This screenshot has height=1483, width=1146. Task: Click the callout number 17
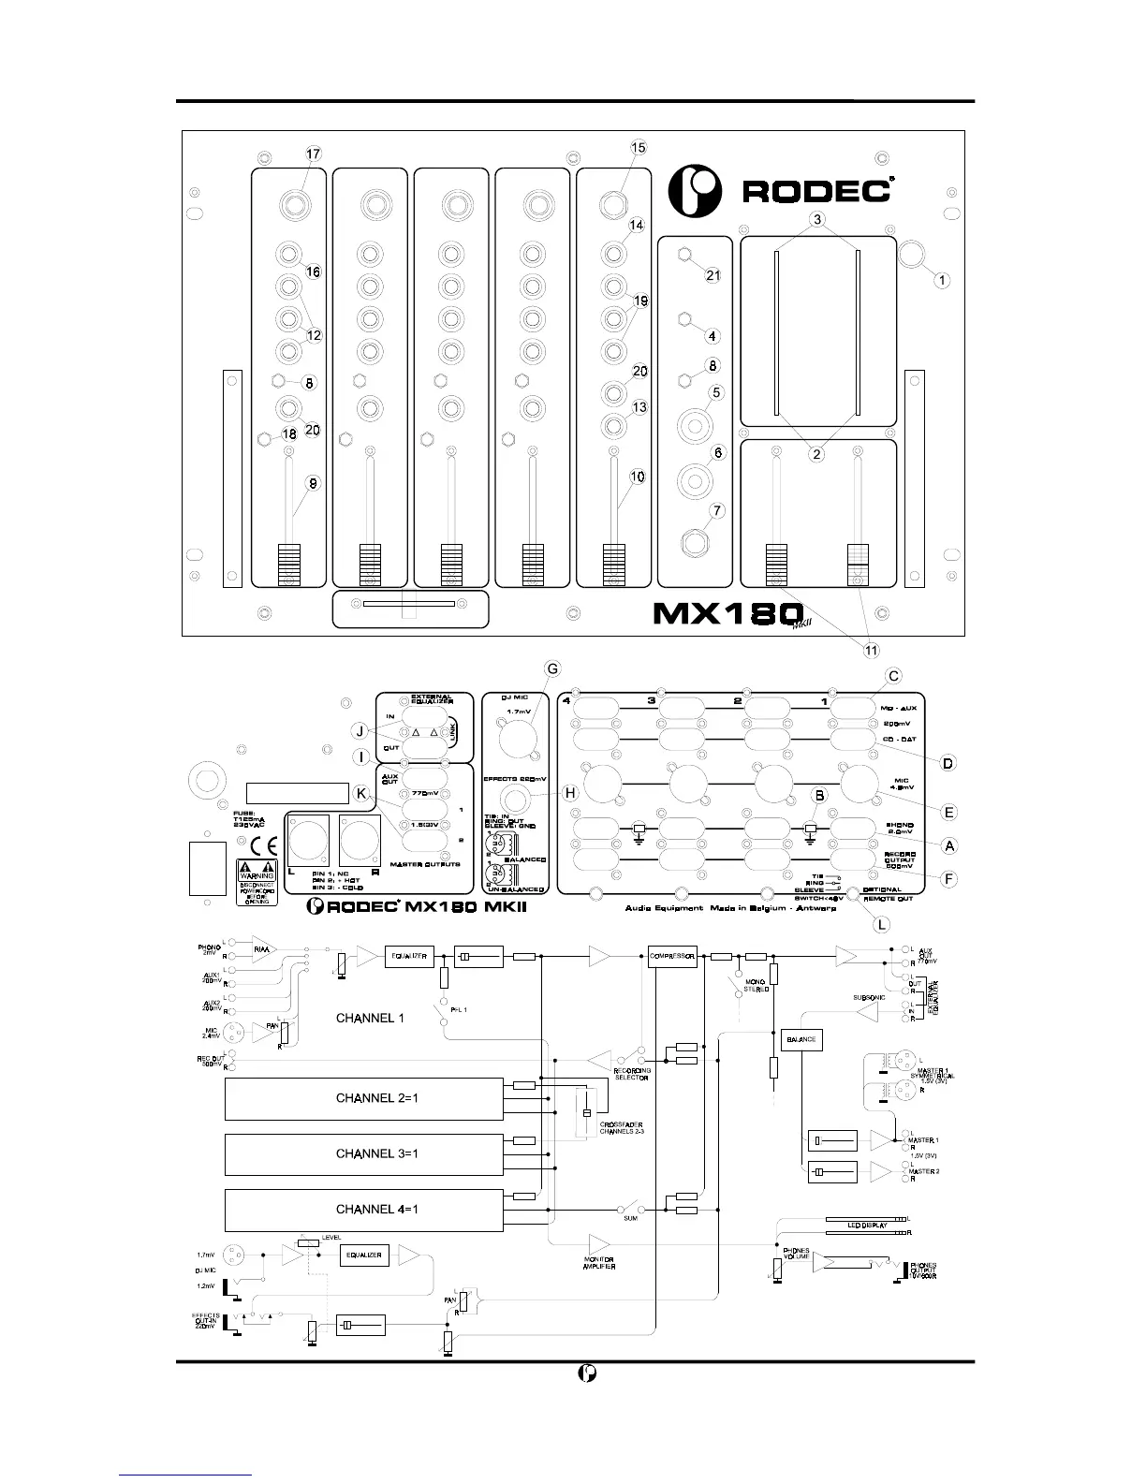click(x=314, y=154)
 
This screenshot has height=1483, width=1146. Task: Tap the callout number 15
click(x=639, y=147)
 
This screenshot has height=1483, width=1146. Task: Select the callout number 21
click(x=713, y=275)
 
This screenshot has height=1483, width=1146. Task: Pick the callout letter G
click(x=552, y=668)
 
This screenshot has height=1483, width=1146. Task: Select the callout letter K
click(x=362, y=792)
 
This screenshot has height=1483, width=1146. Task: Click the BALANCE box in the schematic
click(x=801, y=1039)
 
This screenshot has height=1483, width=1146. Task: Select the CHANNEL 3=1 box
click(x=364, y=1153)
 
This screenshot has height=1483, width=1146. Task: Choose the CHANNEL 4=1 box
click(x=364, y=1209)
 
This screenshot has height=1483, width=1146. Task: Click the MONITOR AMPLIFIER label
click(x=598, y=1264)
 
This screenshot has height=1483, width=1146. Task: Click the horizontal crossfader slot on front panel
click(x=409, y=605)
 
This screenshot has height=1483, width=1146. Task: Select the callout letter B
click(x=820, y=794)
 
